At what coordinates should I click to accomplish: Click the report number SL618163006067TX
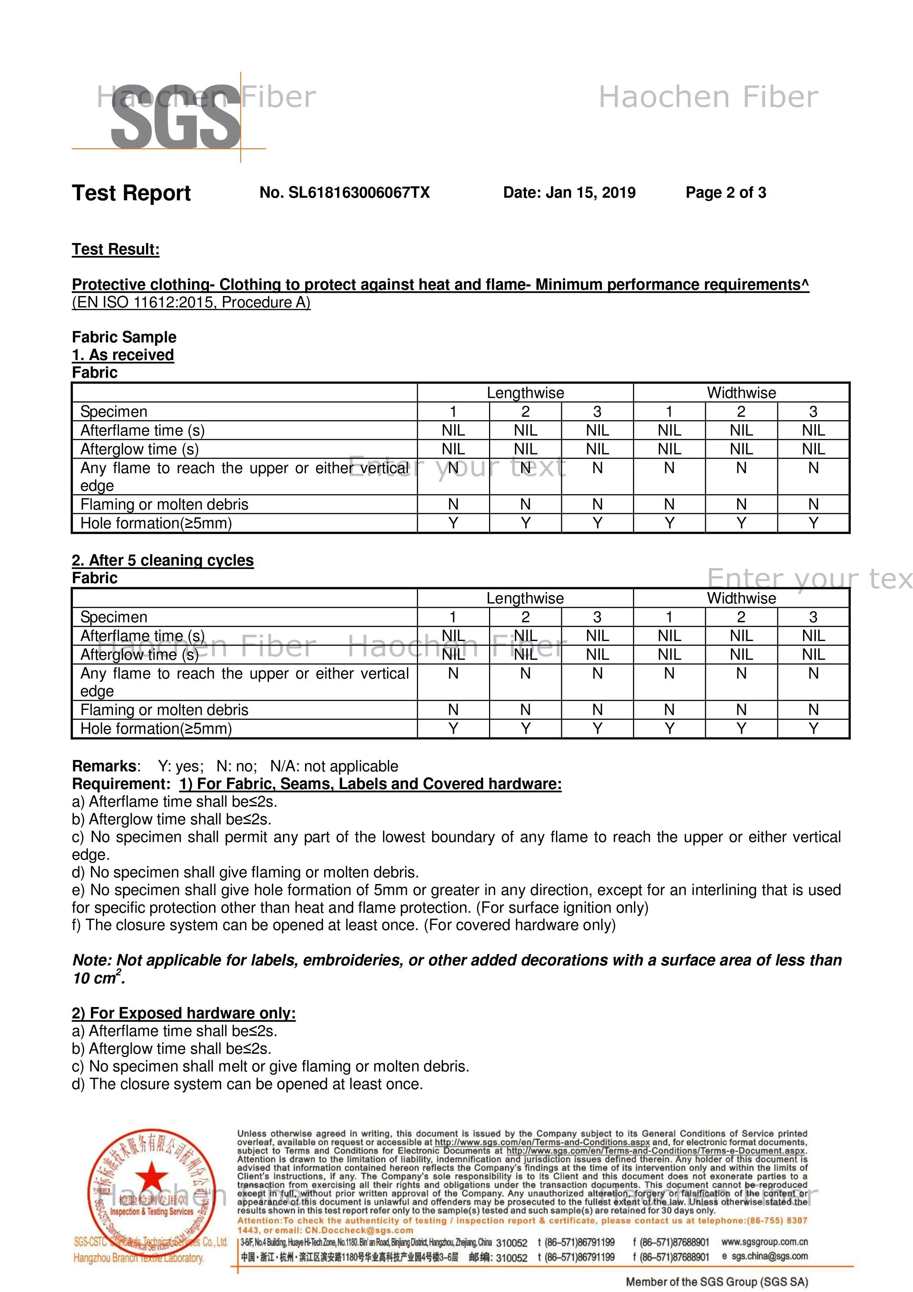[358, 193]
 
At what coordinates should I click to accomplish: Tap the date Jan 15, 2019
[591, 193]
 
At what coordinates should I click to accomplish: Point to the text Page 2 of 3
[726, 193]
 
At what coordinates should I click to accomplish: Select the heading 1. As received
[123, 355]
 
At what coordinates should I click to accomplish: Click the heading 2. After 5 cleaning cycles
[163, 560]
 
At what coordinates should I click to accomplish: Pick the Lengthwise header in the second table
[525, 598]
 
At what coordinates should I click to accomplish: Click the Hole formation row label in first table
[156, 523]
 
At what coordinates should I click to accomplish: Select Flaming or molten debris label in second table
[164, 710]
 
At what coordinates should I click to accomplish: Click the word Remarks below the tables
[105, 767]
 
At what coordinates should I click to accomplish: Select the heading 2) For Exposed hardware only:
[183, 1013]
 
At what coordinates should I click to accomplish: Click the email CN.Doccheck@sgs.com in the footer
[359, 1231]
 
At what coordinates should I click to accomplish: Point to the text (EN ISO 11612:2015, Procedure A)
[191, 303]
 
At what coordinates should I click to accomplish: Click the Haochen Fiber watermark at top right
[708, 97]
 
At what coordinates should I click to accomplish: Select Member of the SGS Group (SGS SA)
[717, 1281]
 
